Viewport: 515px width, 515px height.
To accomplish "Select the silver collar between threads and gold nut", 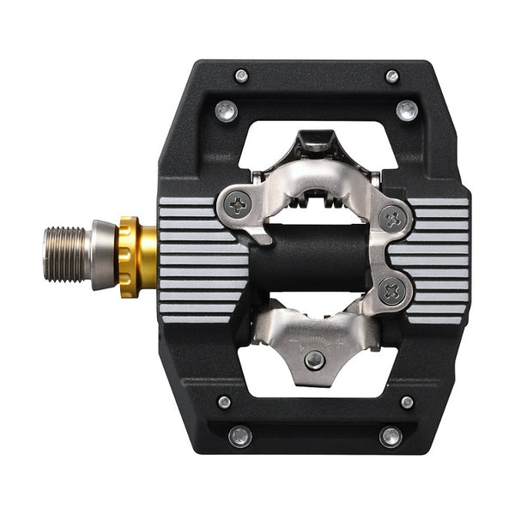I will tap(103, 254).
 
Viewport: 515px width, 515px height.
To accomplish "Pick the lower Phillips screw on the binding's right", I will tap(394, 291).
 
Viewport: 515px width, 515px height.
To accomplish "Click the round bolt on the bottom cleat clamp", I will tap(315, 360).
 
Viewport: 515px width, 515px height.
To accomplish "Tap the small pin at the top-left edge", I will tap(241, 76).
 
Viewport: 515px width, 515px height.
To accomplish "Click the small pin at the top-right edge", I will tap(392, 76).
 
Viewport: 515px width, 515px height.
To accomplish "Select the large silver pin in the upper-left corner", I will tap(227, 110).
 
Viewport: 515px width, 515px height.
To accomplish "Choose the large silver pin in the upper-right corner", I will tap(407, 110).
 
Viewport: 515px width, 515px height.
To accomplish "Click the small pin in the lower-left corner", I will tap(225, 402).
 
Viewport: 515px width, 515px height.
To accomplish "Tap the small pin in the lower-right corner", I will tap(407, 402).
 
